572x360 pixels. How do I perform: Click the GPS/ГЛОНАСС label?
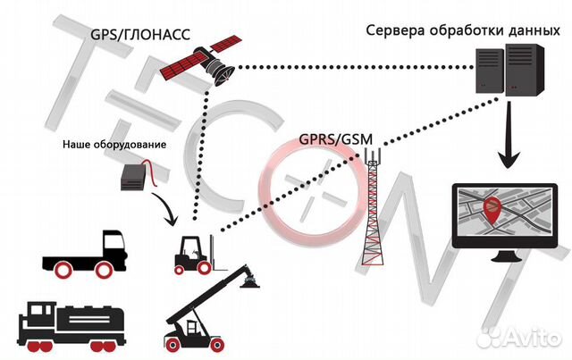140,35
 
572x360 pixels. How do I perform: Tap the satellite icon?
200,60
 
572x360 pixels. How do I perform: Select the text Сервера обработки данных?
463,30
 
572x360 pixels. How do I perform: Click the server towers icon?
510,70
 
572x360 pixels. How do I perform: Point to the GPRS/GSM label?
336,139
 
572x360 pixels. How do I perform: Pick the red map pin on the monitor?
492,211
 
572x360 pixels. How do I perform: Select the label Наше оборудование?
114,145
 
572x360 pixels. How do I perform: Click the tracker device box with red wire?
139,175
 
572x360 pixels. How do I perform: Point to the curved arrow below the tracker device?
165,209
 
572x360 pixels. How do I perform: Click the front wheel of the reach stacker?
217,344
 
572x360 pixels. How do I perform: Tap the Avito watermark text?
519,338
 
